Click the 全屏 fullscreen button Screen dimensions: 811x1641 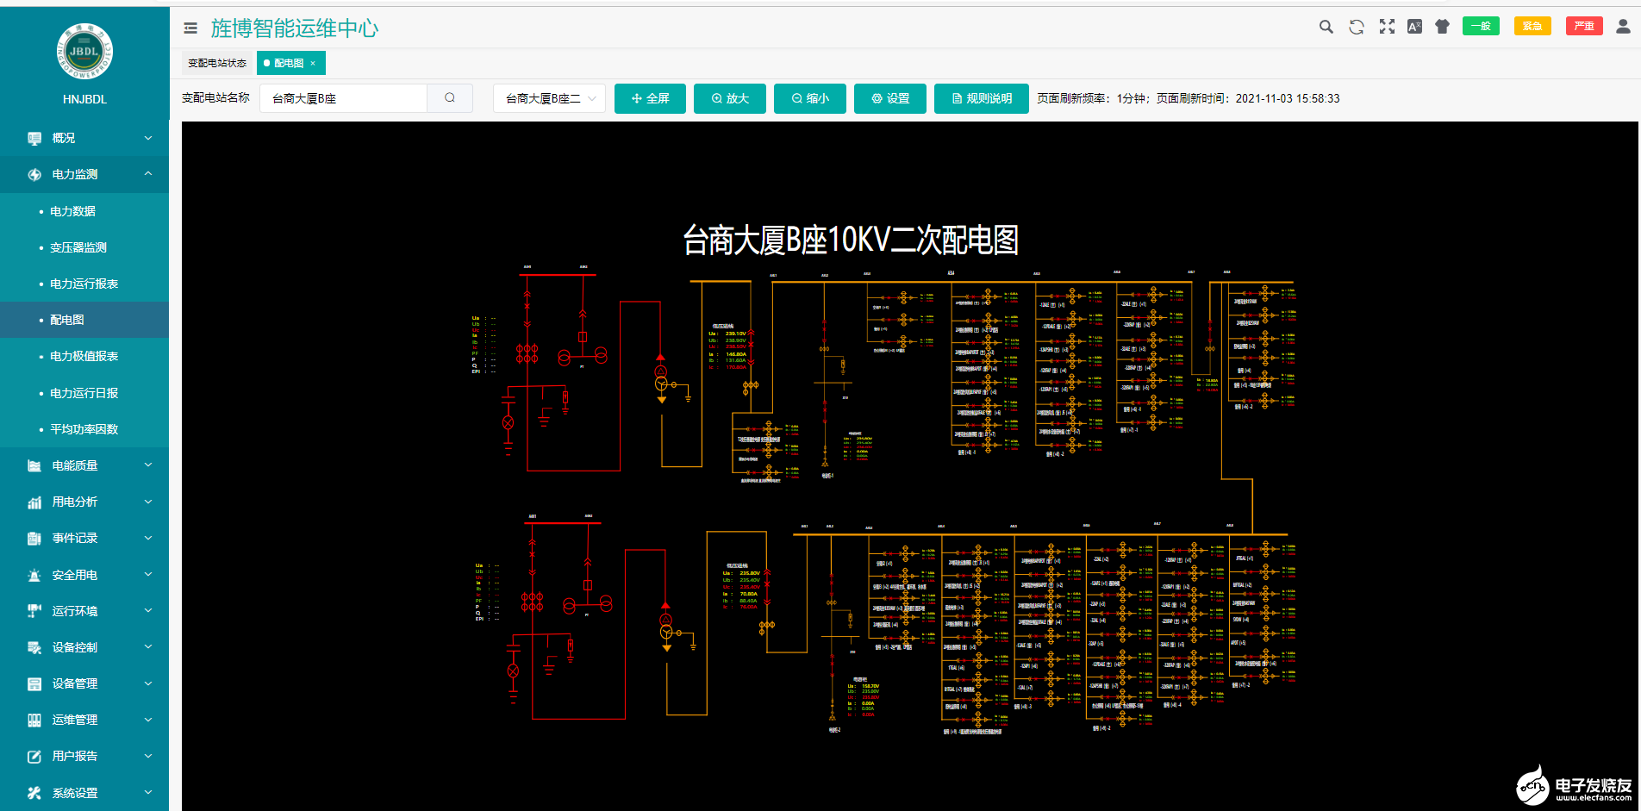(x=650, y=98)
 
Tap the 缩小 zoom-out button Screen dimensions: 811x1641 (x=809, y=98)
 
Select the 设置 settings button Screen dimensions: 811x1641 (x=889, y=98)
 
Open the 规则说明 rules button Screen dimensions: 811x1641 (x=981, y=98)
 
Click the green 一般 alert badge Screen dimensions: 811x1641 (x=1481, y=26)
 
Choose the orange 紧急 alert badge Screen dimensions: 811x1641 (x=1532, y=26)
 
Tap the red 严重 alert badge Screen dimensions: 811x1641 (x=1584, y=26)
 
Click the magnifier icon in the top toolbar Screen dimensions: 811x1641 (x=1326, y=27)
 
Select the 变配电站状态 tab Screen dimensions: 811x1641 (x=217, y=63)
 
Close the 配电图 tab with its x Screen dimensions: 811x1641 (x=313, y=63)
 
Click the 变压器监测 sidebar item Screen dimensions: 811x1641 (x=78, y=247)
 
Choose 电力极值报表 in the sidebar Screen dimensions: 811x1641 (x=84, y=356)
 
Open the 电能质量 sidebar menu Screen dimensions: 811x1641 (x=75, y=465)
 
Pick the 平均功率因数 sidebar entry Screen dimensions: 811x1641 (x=84, y=429)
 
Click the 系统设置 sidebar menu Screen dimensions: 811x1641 (x=75, y=793)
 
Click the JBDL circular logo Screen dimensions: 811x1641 (x=84, y=51)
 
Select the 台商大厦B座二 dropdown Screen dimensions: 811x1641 (x=549, y=98)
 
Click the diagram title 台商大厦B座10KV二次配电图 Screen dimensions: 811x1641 (x=851, y=240)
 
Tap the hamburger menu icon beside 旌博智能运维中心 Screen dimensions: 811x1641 (x=190, y=28)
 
